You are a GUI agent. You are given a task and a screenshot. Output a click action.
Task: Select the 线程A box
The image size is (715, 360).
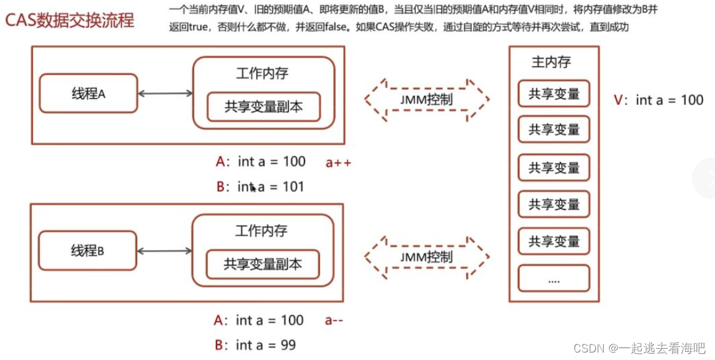click(x=88, y=94)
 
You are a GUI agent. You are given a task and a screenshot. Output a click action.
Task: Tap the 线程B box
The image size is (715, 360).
click(x=87, y=251)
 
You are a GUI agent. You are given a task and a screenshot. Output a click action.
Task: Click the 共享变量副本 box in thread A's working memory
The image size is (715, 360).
click(x=263, y=107)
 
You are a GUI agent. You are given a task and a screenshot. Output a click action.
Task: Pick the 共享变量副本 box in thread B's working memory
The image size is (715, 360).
click(x=263, y=265)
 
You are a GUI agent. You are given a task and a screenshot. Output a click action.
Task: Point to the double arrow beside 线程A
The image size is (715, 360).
click(x=165, y=94)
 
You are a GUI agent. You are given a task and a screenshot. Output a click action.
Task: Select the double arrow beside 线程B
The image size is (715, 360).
click(x=165, y=251)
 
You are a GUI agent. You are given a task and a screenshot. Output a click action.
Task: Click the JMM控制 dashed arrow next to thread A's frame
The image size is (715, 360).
click(x=427, y=99)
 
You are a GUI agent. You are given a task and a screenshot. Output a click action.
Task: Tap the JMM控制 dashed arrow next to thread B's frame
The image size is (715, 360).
click(x=427, y=256)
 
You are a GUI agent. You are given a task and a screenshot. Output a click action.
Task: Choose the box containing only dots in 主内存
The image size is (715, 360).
click(x=554, y=279)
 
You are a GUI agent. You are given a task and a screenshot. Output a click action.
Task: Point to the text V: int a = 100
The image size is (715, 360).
click(x=659, y=100)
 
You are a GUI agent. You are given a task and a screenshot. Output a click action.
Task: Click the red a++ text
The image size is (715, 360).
click(x=339, y=163)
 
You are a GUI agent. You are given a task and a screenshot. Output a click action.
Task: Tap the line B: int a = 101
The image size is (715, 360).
click(x=260, y=186)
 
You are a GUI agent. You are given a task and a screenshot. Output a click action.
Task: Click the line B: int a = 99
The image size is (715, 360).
click(x=255, y=345)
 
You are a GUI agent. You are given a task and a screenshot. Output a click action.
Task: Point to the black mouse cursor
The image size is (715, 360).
click(x=253, y=187)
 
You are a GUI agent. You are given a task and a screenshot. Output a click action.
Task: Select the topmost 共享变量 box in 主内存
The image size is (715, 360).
click(x=554, y=94)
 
